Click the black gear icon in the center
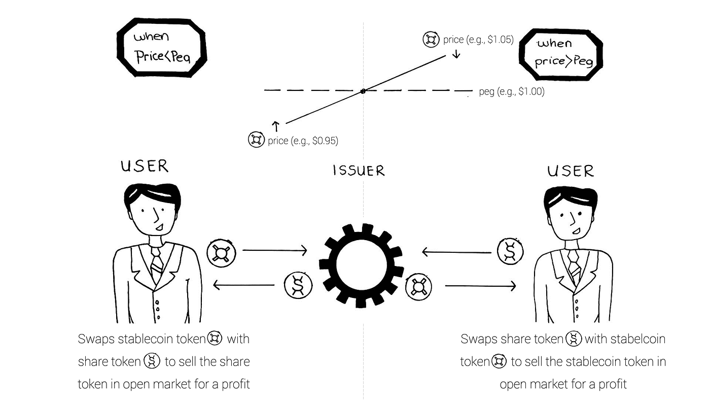coord(361,266)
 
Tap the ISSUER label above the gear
coord(359,171)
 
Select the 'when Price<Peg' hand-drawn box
coord(161,47)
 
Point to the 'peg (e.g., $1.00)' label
coord(511,92)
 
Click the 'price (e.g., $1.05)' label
coord(478,40)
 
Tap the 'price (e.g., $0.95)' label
coord(303,140)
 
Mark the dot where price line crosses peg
coord(363,91)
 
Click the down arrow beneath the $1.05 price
coord(456,53)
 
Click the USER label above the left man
coord(145,166)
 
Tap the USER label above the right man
coord(571,171)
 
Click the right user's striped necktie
coord(574,264)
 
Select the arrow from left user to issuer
coord(275,250)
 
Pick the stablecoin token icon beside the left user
coord(222,252)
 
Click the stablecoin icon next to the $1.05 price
coord(431,39)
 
